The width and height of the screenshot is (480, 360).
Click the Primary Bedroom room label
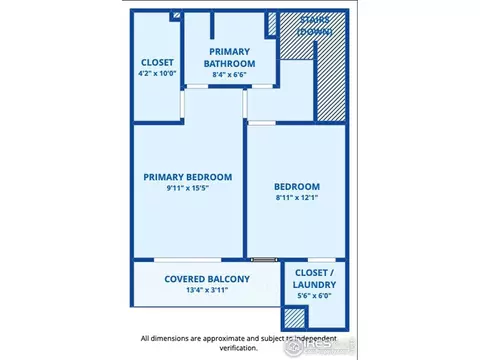point(188,177)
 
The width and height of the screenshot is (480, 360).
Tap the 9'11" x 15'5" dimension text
point(188,188)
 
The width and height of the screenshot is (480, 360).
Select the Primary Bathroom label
point(229,58)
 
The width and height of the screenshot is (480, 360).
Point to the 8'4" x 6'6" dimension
point(229,75)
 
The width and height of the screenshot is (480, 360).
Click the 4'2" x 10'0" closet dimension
point(157,73)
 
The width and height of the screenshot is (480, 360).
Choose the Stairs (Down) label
point(315,26)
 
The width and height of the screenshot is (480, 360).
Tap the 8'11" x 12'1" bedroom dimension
point(297,197)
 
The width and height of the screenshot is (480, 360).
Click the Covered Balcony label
point(207,279)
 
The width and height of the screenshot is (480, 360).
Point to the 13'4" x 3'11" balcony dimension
point(207,290)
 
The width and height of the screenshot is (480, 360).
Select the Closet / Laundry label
point(314,279)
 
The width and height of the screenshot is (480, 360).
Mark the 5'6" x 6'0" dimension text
point(314,296)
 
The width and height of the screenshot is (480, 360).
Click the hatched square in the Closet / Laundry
point(295,318)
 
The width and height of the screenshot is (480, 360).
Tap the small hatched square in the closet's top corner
point(177,15)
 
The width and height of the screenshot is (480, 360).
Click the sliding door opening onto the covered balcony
point(188,260)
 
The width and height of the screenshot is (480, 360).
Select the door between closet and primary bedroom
point(182,104)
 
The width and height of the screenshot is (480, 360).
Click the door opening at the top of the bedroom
point(262,123)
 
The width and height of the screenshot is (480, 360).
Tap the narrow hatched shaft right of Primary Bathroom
point(272,24)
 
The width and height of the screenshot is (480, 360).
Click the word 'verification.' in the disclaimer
point(239,348)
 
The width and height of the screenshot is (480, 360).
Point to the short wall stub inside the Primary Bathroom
point(212,25)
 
